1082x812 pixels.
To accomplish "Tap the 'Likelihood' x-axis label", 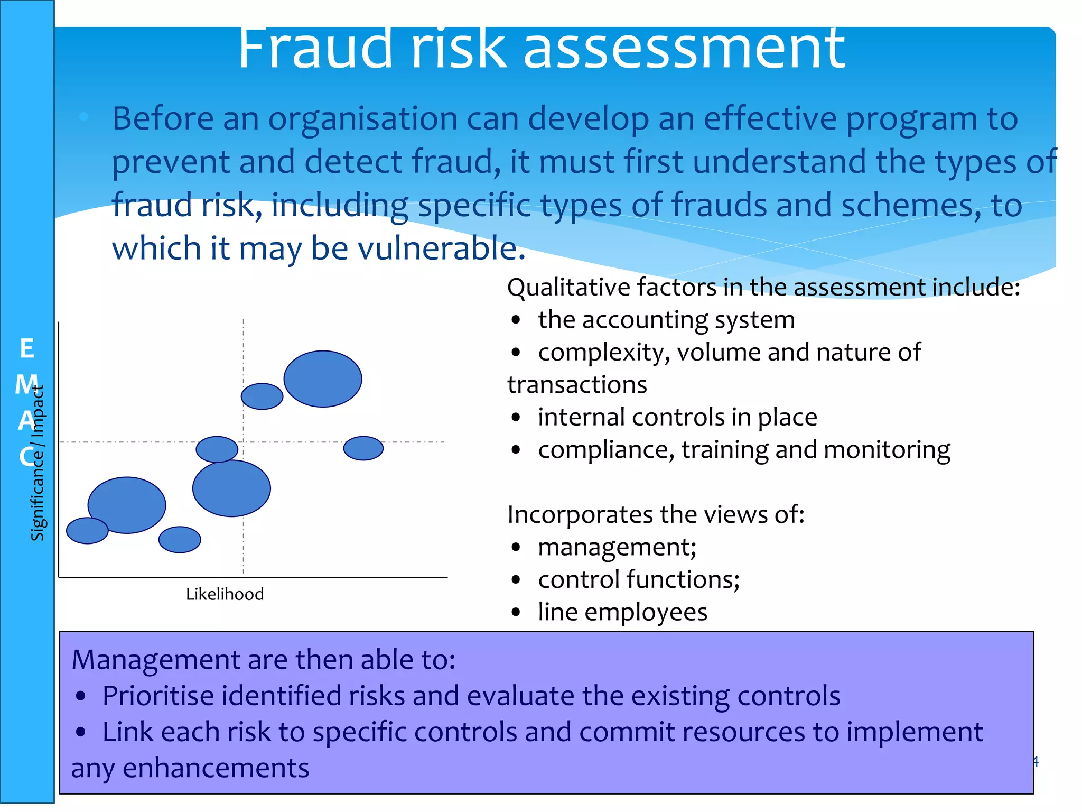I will click(x=225, y=594).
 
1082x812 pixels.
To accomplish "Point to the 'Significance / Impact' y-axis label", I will click(x=38, y=463).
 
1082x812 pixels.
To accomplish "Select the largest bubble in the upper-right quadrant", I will click(x=323, y=379).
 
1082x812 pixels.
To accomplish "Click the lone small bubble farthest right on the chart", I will click(x=363, y=448).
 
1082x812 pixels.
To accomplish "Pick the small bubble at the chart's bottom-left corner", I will click(x=87, y=531).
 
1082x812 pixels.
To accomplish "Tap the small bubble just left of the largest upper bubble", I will click(x=262, y=396).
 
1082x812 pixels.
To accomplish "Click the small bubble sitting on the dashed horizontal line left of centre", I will click(x=217, y=449).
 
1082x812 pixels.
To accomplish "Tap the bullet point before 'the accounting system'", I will click(x=516, y=320).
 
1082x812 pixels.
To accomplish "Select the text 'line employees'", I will click(x=622, y=613).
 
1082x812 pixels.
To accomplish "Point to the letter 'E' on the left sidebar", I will click(x=27, y=349).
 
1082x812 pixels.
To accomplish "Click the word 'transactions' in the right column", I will click(x=577, y=385).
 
